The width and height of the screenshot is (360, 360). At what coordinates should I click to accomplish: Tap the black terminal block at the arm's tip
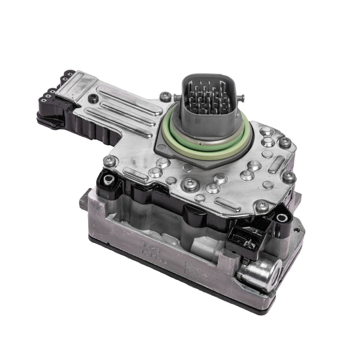[x=54, y=101]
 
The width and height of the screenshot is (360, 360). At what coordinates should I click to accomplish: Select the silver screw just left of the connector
[x=164, y=96]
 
